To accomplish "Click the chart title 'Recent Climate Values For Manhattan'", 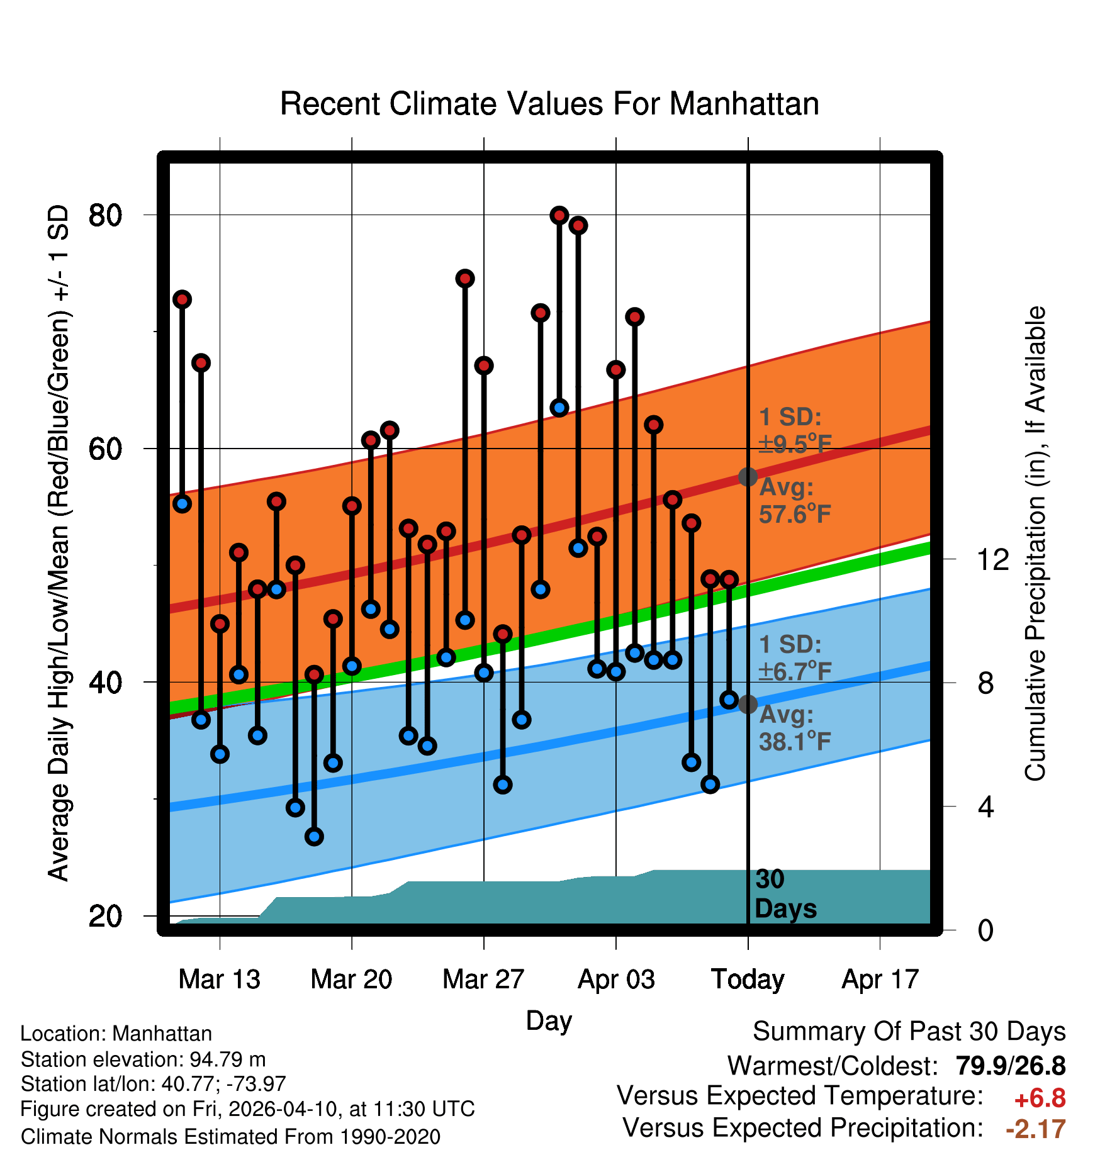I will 549,104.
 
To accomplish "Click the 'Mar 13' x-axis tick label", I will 219,980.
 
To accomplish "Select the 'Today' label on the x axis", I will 748,980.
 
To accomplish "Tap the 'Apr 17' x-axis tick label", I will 880,980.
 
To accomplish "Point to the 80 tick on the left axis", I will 105,215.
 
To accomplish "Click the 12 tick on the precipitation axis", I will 992,559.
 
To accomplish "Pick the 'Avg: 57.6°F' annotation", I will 794,501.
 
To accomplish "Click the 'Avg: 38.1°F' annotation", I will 794,729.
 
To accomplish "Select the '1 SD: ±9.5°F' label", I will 794,430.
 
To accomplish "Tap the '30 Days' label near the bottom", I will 785,894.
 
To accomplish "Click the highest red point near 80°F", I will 559,216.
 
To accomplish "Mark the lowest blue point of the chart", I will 314,836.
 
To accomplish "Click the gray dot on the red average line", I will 748,477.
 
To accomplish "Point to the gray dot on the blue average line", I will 748,704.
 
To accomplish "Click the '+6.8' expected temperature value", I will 1040,1098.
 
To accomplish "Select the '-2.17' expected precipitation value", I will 1036,1129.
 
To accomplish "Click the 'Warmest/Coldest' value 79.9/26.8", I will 1010,1066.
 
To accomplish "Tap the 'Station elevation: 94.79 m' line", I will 143,1059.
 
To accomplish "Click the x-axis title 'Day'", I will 549,1020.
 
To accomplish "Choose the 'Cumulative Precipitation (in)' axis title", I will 1035,544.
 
